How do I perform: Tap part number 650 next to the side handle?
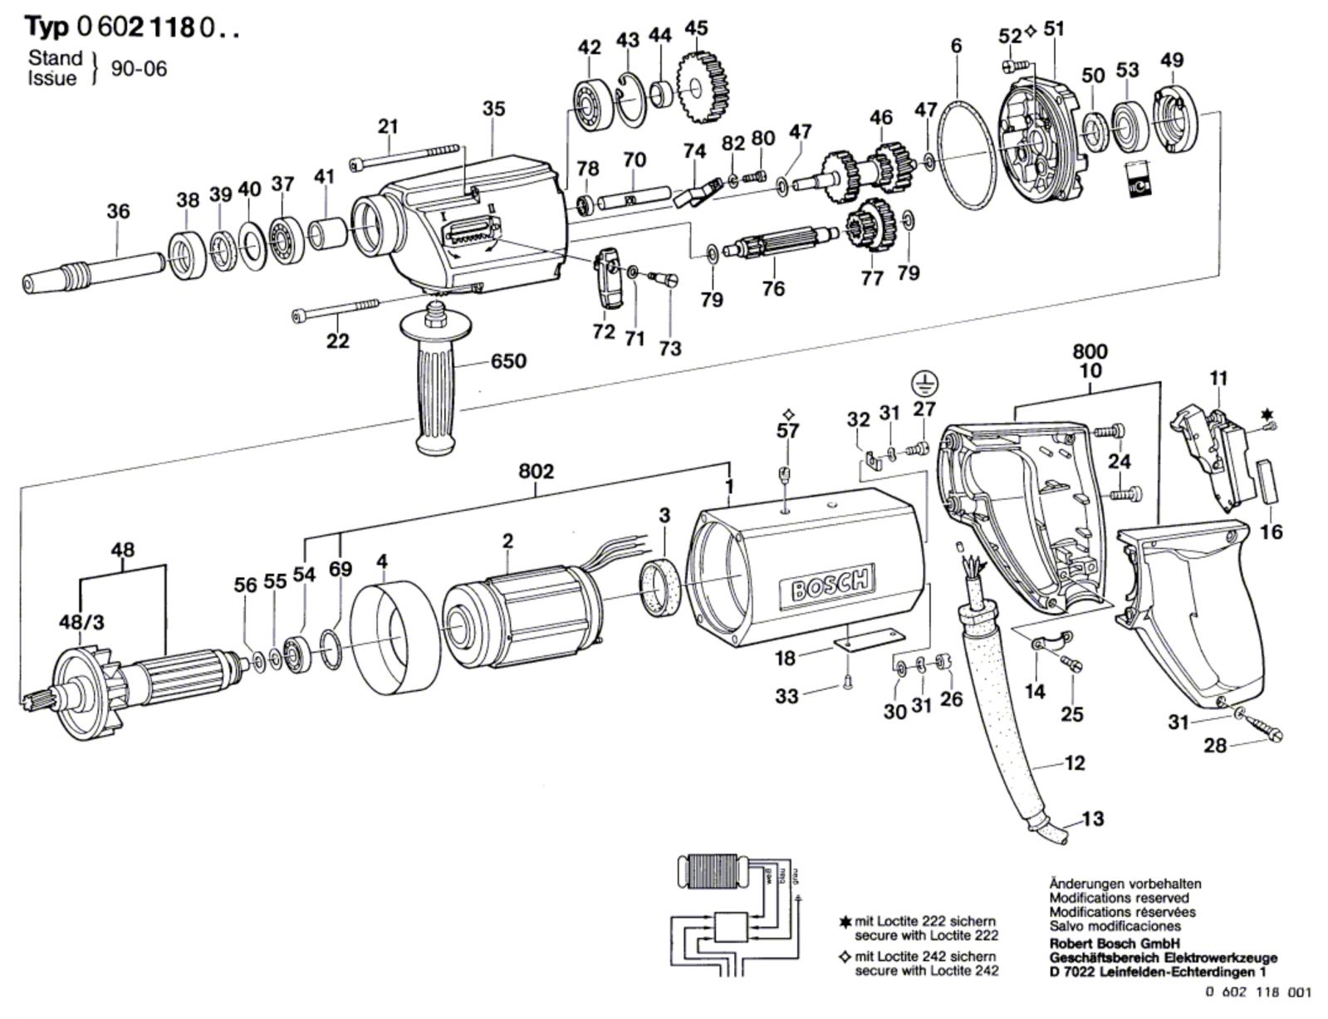click(x=508, y=360)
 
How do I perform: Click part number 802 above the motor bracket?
click(x=536, y=472)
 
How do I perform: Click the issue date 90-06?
click(x=139, y=68)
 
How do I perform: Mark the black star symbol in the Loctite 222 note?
click(x=845, y=922)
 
